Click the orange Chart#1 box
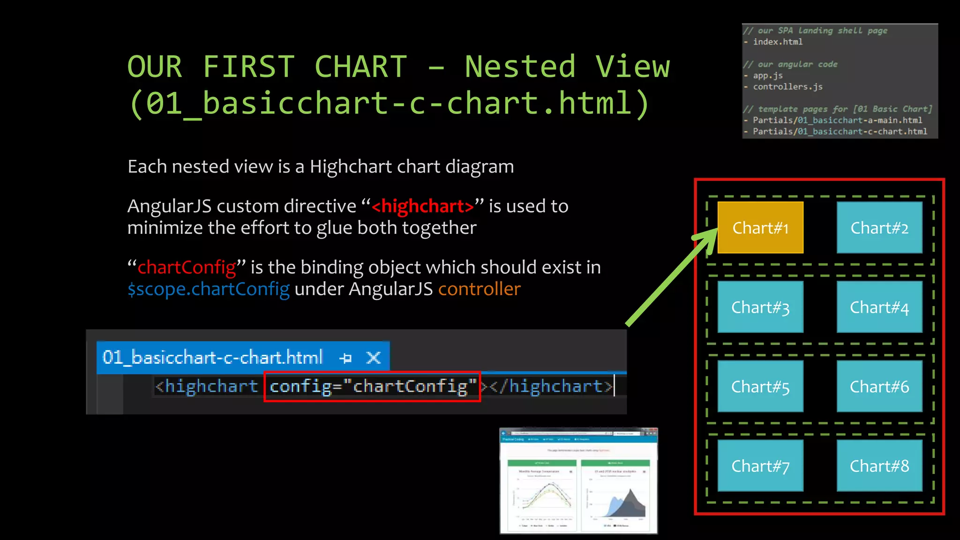point(760,228)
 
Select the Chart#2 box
point(879,228)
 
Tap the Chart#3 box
point(760,307)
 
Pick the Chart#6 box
point(879,386)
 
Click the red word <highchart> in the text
point(423,206)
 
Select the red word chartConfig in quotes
point(187,267)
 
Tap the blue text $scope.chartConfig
point(209,289)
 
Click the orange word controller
point(479,289)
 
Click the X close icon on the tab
point(374,358)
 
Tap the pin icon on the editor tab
point(345,358)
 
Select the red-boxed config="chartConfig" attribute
point(372,386)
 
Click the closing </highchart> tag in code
point(551,386)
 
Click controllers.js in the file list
point(787,87)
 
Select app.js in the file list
point(767,75)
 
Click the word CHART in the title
point(360,67)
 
